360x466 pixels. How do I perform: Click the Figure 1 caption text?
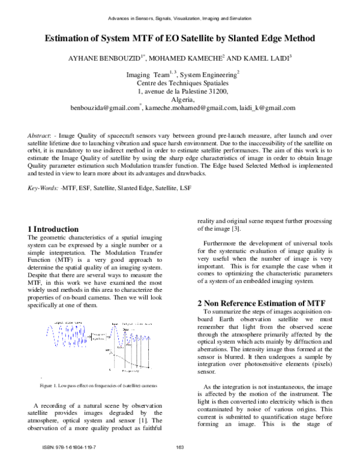coord(98,384)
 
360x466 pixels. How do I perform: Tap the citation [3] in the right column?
coord(236,229)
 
